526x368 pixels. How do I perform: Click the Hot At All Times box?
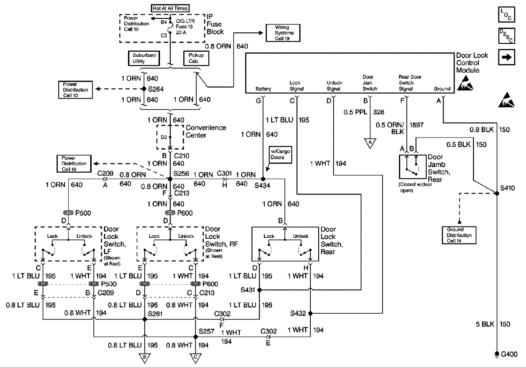(170, 8)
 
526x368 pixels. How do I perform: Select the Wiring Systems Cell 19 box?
(283, 33)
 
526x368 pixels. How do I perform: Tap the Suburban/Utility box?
(144, 58)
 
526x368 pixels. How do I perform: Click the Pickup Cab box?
(196, 58)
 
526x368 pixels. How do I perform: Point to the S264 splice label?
(156, 89)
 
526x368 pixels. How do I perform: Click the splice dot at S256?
(170, 179)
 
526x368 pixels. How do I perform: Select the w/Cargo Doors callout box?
(281, 154)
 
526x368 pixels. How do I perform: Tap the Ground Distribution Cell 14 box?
(459, 235)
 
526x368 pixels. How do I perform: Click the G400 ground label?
(509, 354)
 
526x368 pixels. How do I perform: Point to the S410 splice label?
(507, 188)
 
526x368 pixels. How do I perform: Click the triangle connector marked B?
(144, 358)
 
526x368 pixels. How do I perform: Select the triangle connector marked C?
(195, 358)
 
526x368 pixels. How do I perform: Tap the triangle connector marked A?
(370, 143)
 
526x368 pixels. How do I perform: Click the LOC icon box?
(507, 14)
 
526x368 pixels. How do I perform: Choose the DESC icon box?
(507, 36)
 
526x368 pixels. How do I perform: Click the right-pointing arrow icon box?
(507, 57)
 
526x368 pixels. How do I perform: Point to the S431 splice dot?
(259, 290)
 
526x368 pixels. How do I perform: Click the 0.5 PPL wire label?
(355, 112)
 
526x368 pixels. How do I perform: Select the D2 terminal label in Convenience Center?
(163, 137)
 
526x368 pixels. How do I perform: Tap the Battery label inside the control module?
(263, 88)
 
